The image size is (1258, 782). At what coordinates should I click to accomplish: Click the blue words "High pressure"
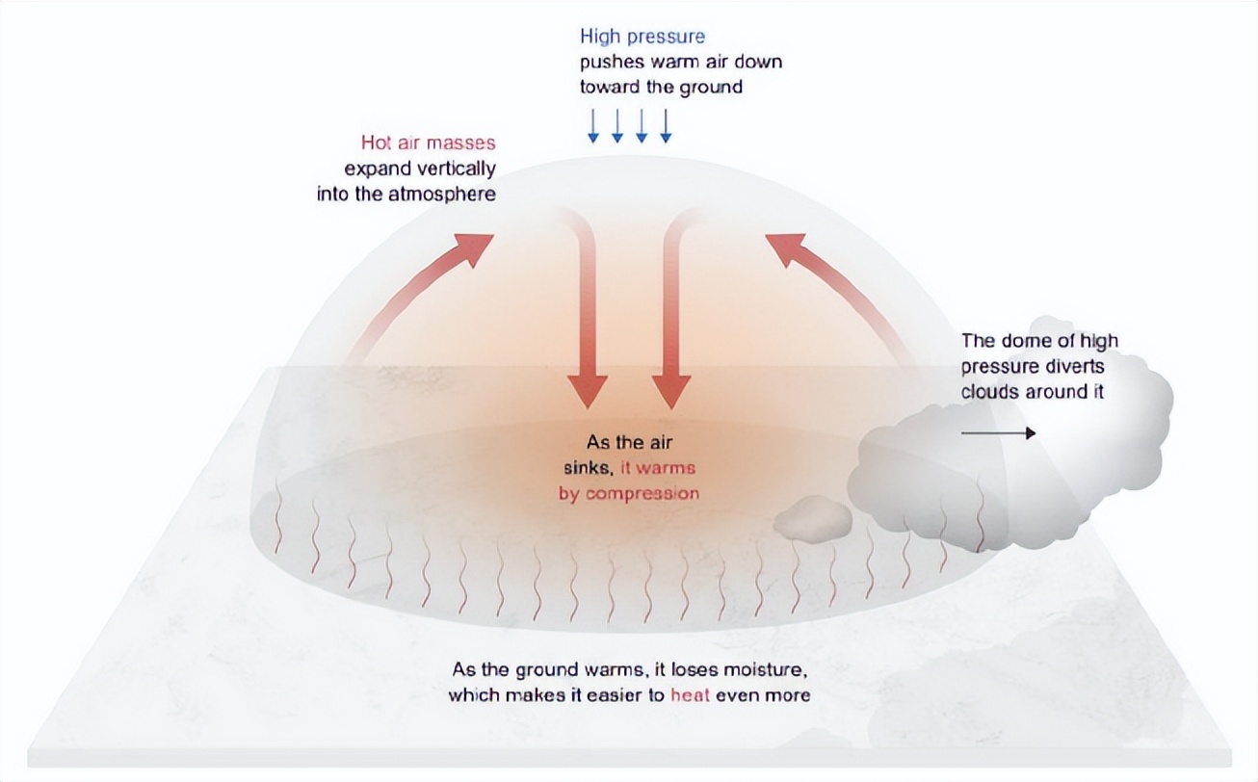[x=642, y=37]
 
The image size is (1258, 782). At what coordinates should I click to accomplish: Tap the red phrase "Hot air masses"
[x=428, y=143]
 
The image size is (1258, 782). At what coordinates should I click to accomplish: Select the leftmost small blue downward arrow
[x=593, y=126]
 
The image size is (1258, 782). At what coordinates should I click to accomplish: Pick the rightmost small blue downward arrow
[x=666, y=126]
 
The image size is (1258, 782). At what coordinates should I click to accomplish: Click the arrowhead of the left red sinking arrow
[x=588, y=390]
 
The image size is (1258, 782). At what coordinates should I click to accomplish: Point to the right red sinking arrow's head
[x=671, y=390]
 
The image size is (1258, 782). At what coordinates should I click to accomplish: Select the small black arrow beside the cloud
[x=998, y=432]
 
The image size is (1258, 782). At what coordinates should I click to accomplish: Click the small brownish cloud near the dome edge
[x=813, y=519]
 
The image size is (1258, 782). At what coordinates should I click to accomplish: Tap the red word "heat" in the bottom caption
[x=691, y=695]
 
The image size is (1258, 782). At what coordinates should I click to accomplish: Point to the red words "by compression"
[x=629, y=493]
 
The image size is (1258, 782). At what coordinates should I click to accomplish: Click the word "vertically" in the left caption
[x=459, y=169]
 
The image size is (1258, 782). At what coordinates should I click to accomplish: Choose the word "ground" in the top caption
[x=711, y=87]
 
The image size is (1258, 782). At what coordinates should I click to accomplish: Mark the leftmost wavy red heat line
[x=278, y=515]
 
